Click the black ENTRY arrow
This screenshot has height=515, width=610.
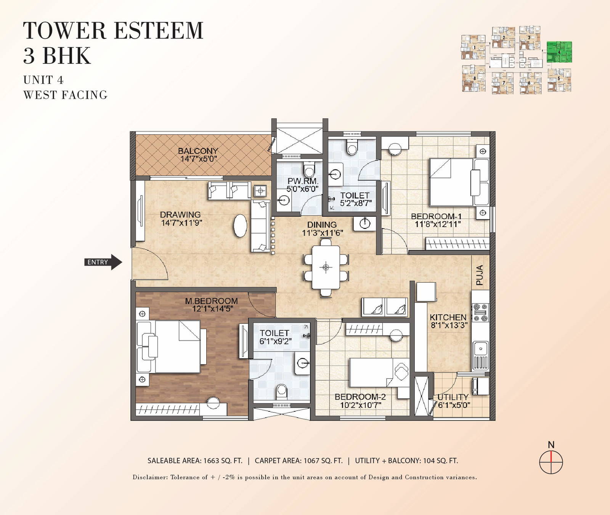point(103,262)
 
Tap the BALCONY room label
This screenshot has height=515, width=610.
point(198,151)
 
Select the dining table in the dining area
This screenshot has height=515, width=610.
point(326,267)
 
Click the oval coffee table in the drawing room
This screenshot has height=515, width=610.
point(240,226)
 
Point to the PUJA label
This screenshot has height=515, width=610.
point(480,275)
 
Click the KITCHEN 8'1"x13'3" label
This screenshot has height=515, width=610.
point(449,321)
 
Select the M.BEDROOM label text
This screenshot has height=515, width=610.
point(211,301)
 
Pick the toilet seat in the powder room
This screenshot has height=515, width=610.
point(309,170)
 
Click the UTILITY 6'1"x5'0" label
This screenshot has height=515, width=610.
point(453,401)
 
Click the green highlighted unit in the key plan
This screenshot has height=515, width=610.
point(559,52)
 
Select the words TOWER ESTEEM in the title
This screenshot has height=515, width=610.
point(113,30)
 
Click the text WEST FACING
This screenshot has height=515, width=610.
point(65,95)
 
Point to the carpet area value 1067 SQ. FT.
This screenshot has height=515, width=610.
point(323,461)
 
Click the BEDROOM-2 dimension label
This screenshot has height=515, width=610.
point(361,405)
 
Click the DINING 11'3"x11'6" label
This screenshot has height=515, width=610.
point(322,229)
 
